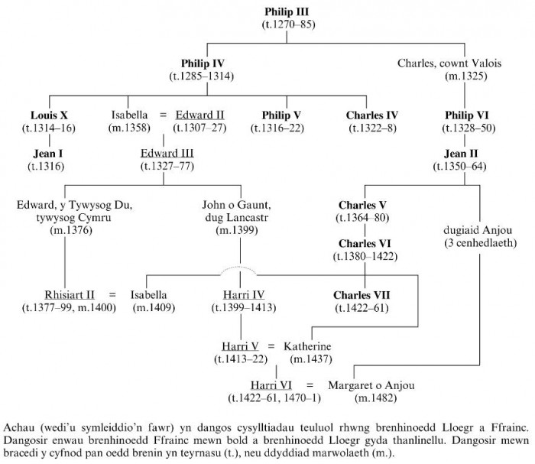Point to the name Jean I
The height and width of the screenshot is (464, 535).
(x=39, y=152)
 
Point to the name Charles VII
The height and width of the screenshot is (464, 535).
(x=362, y=294)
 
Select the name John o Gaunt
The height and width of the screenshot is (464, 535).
(x=242, y=204)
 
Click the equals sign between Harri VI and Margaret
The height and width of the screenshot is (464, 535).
(x=311, y=384)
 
